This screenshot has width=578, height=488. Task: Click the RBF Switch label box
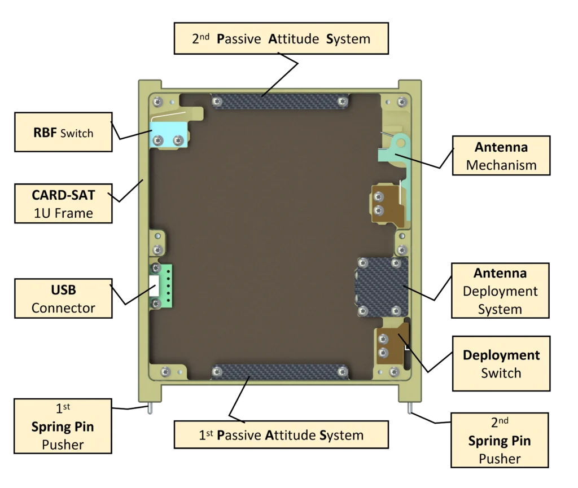pyautogui.click(x=63, y=133)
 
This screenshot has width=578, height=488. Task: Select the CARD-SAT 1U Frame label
pyautogui.click(x=63, y=204)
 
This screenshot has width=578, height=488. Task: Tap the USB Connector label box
pyautogui.click(x=63, y=299)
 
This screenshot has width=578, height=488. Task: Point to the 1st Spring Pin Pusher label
pyautogui.click(x=63, y=426)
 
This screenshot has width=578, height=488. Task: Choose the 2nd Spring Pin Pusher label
pyautogui.click(x=500, y=440)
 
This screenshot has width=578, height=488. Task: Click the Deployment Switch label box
pyautogui.click(x=501, y=363)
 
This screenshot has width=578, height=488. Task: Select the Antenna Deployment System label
pyautogui.click(x=500, y=291)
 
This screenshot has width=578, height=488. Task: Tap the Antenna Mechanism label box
pyautogui.click(x=501, y=156)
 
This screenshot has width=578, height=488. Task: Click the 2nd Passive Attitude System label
pyautogui.click(x=281, y=39)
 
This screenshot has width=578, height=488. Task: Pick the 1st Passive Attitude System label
pyautogui.click(x=281, y=435)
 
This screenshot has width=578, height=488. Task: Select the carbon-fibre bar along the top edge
pyautogui.click(x=281, y=102)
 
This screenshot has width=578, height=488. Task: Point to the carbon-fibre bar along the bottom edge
pyautogui.click(x=281, y=372)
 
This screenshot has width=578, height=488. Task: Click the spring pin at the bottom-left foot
pyautogui.click(x=150, y=409)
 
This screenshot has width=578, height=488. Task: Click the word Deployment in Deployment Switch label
pyautogui.click(x=501, y=355)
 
